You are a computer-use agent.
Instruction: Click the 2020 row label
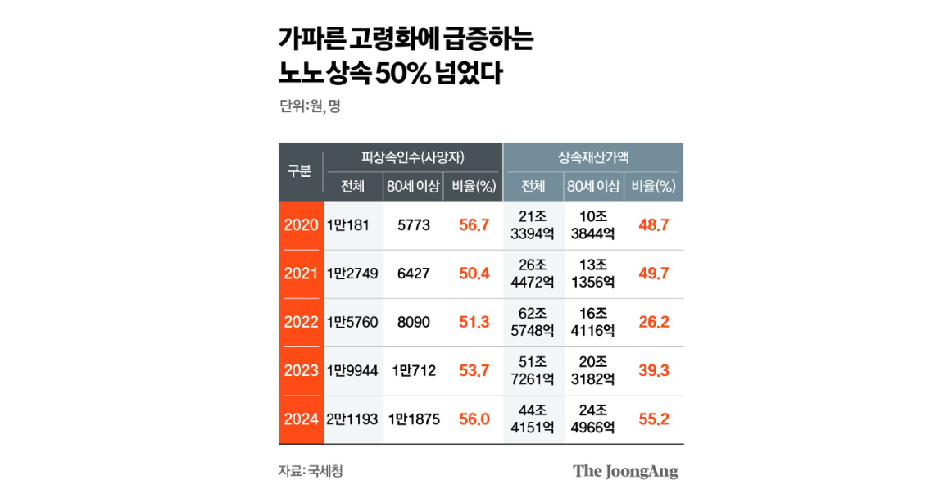[301, 225]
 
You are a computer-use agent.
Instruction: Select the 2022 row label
[301, 322]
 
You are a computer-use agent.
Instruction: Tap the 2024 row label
[301, 419]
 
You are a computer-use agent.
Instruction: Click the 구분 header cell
[300, 171]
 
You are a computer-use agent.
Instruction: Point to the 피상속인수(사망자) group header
[413, 156]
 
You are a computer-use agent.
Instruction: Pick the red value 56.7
[474, 225]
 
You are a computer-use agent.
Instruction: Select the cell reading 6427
[413, 274]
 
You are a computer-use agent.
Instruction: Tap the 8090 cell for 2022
[413, 322]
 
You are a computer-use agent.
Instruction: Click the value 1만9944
[352, 371]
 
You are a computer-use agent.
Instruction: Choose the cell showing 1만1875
[414, 419]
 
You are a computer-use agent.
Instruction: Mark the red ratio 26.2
[653, 322]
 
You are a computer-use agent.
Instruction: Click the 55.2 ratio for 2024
[653, 419]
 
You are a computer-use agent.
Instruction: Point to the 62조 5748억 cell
[533, 322]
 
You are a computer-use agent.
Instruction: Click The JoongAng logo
[625, 471]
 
